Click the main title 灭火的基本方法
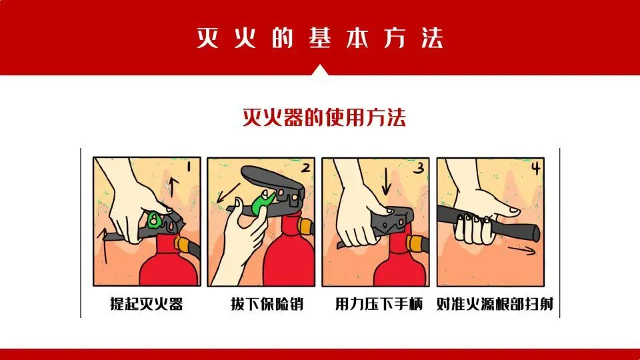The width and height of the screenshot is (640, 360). point(320,38)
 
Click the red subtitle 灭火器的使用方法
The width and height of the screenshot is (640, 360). point(324,117)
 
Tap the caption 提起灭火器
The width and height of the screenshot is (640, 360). point(146,304)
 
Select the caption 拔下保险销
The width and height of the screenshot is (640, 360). point(267,304)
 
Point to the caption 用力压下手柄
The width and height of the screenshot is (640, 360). point(379,304)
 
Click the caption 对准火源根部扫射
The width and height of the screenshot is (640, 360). point(495,304)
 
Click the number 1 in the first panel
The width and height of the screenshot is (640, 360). point(189,166)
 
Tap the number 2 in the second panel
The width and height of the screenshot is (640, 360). point(306,168)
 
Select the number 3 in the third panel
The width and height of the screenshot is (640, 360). point(419,168)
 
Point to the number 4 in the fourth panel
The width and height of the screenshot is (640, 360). point(535,168)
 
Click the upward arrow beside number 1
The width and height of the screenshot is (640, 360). point(172,186)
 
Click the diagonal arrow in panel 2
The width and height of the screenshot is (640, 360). point(228,193)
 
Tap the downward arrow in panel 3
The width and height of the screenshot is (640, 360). point(386,181)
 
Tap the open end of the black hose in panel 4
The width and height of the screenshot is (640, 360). point(535,233)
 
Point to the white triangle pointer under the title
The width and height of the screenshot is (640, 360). point(320,70)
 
